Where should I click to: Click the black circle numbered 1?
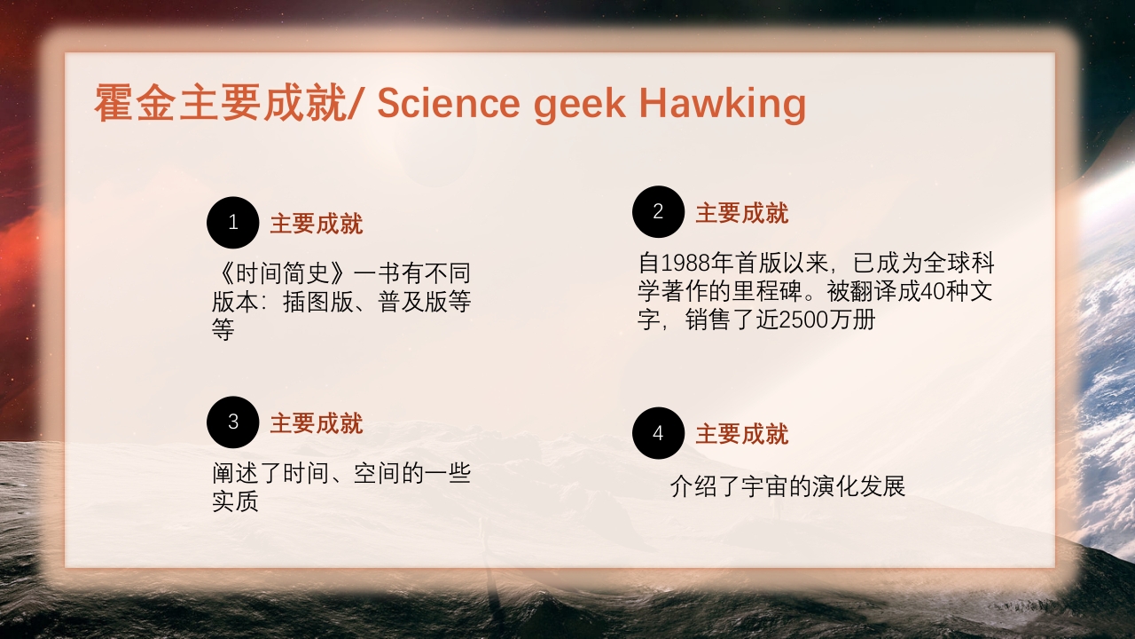(x=232, y=222)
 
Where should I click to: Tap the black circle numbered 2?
(x=658, y=211)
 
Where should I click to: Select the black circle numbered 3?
(x=232, y=422)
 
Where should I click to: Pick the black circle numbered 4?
(x=658, y=433)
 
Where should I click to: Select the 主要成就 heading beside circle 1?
(x=316, y=224)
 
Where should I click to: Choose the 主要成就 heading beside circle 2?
(x=741, y=213)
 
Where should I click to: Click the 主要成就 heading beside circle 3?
(x=316, y=423)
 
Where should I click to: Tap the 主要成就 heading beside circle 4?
(x=741, y=434)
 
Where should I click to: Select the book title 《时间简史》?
(x=282, y=273)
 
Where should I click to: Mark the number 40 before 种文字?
(x=935, y=291)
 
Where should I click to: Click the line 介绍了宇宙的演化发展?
(x=787, y=487)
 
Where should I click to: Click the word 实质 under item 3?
(x=235, y=501)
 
